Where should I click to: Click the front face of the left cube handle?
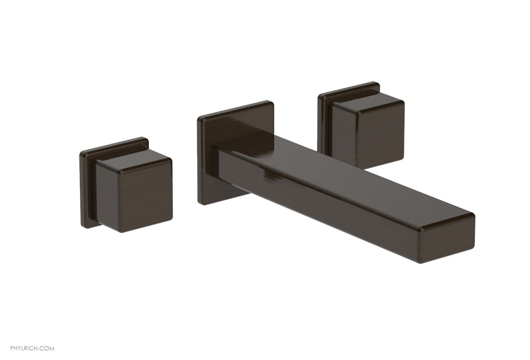point(134,198)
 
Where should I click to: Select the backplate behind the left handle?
point(88,186)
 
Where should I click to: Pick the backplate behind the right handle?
point(325,124)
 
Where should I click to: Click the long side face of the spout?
point(315,211)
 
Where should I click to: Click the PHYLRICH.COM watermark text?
point(32,348)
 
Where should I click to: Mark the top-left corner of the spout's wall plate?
point(199,119)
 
